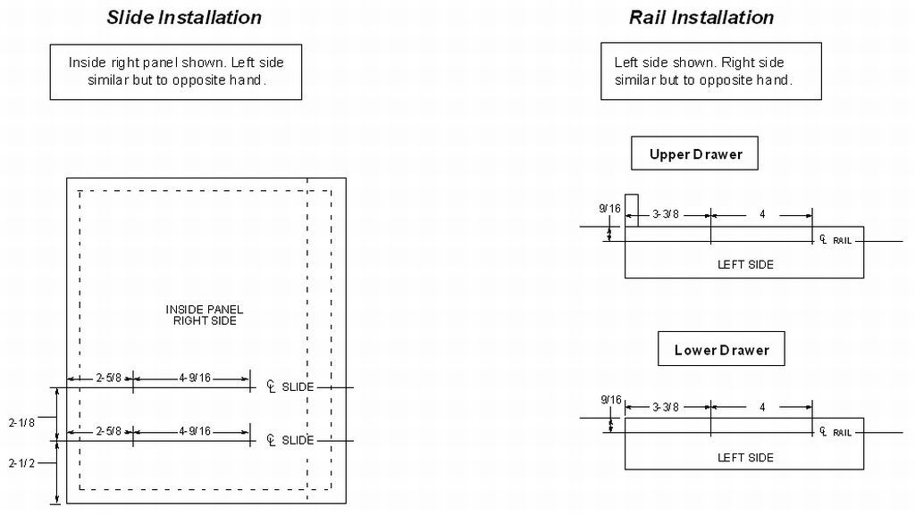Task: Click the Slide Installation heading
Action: [x=184, y=18]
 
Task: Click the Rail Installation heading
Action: [x=701, y=18]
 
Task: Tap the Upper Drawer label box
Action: [x=695, y=154]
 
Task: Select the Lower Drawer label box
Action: [x=721, y=350]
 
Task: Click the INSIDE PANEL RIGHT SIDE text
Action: [x=205, y=315]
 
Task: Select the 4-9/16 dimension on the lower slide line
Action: [x=194, y=431]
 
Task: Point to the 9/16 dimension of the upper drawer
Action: [x=609, y=209]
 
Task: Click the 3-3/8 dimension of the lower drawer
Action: [x=665, y=408]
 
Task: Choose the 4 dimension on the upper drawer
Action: [x=762, y=215]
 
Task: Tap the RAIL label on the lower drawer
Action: [x=842, y=433]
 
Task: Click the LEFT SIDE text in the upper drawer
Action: [x=745, y=264]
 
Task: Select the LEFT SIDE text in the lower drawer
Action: [x=745, y=457]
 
